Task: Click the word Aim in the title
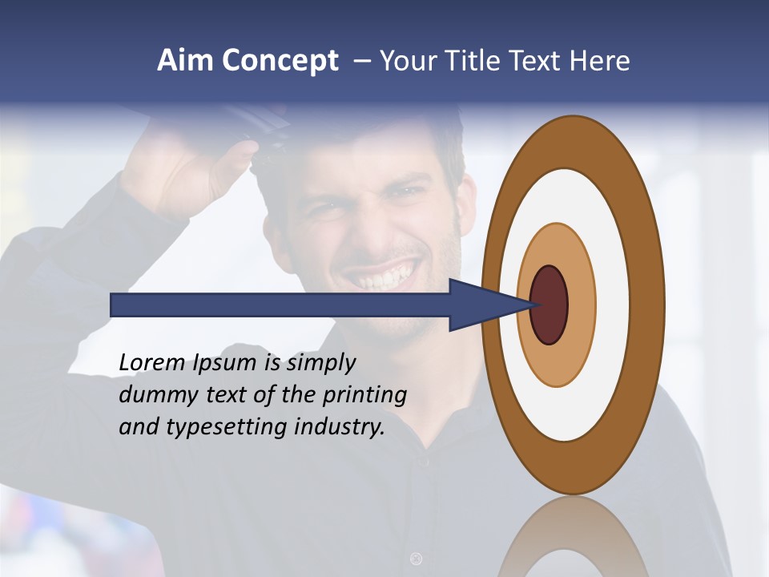point(186,61)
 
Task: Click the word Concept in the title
point(280,62)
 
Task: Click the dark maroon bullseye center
point(549,305)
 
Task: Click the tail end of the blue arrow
point(113,305)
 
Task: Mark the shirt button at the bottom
point(416,558)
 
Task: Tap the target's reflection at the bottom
point(573,541)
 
